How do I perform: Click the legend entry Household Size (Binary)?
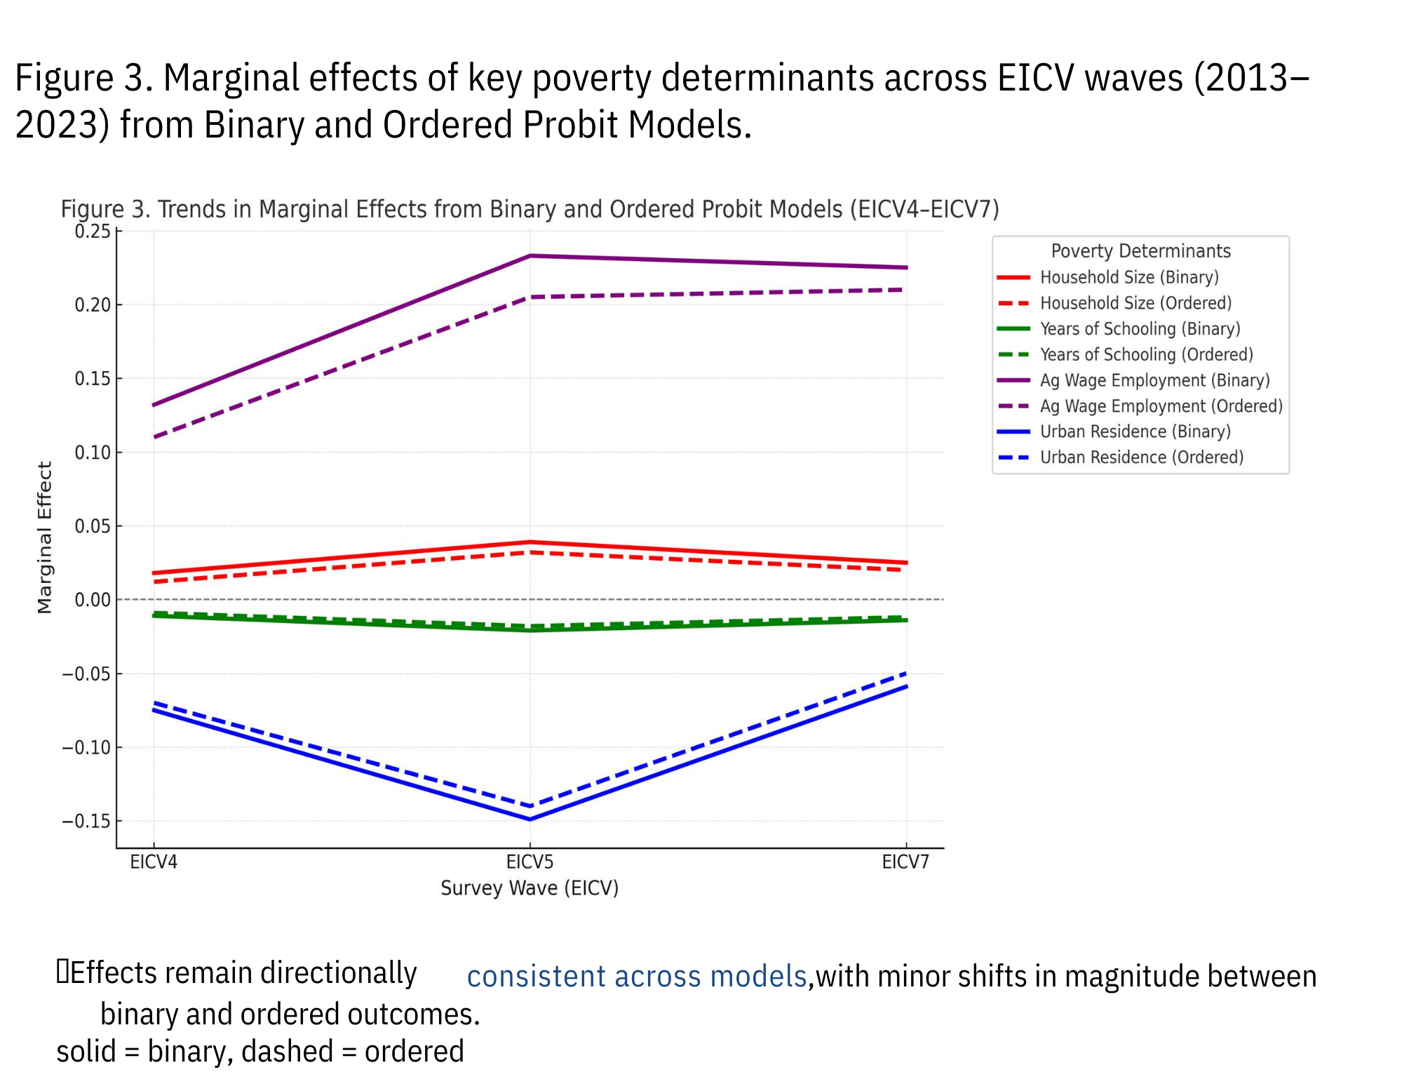tap(1128, 277)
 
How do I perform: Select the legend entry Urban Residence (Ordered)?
tap(1141, 457)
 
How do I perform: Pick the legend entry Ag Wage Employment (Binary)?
tap(1154, 380)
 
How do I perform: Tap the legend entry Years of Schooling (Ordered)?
tap(1146, 354)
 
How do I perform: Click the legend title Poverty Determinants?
tap(1140, 251)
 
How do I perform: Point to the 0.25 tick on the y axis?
tap(93, 231)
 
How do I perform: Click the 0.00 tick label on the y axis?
tap(93, 600)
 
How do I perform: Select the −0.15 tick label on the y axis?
tap(86, 821)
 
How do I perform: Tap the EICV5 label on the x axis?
tap(530, 862)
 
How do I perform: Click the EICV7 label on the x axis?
tap(905, 862)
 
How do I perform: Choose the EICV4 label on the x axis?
tap(154, 862)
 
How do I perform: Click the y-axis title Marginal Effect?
tap(45, 537)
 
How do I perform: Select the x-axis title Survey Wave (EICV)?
tap(530, 888)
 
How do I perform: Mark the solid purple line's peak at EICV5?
tap(530, 256)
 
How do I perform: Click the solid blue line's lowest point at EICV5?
tap(530, 819)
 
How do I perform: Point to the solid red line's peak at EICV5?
tap(530, 542)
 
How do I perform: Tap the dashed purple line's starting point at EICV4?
tap(155, 437)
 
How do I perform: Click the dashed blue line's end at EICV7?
tap(905, 674)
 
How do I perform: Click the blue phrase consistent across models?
tap(637, 977)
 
